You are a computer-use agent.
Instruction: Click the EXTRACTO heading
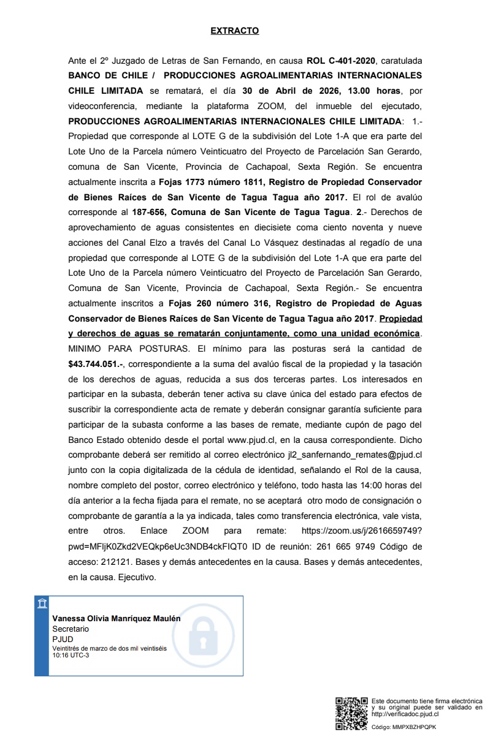pyautogui.click(x=235, y=31)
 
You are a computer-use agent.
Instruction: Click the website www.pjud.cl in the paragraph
pyautogui.click(x=252, y=439)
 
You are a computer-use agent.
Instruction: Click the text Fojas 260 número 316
pyautogui.click(x=208, y=303)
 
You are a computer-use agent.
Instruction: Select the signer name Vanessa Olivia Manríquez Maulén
pyautogui.click(x=117, y=619)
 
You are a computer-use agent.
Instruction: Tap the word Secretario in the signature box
pyautogui.click(x=71, y=629)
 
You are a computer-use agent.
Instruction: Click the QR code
pyautogui.click(x=351, y=712)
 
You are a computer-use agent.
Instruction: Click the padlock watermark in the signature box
pyautogui.click(x=203, y=635)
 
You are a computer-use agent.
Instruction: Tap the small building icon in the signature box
pyautogui.click(x=42, y=605)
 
